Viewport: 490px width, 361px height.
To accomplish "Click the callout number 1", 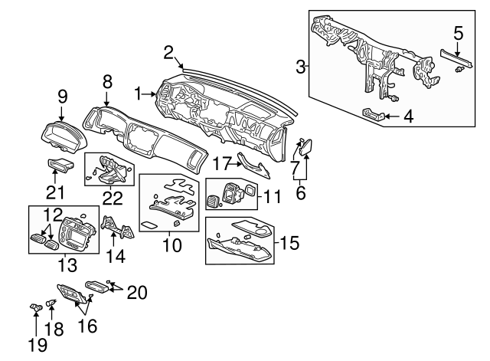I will pyautogui.click(x=139, y=94).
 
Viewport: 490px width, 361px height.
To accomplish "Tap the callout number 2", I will pyautogui.click(x=168, y=51).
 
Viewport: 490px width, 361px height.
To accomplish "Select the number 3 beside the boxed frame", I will pyautogui.click(x=301, y=67).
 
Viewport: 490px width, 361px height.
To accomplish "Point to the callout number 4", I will pyautogui.click(x=409, y=117).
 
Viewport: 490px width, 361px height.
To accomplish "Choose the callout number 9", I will pyautogui.click(x=64, y=97).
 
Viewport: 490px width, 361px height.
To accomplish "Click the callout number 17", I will pyautogui.click(x=221, y=162).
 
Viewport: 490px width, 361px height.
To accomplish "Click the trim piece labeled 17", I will pyautogui.click(x=252, y=166).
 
